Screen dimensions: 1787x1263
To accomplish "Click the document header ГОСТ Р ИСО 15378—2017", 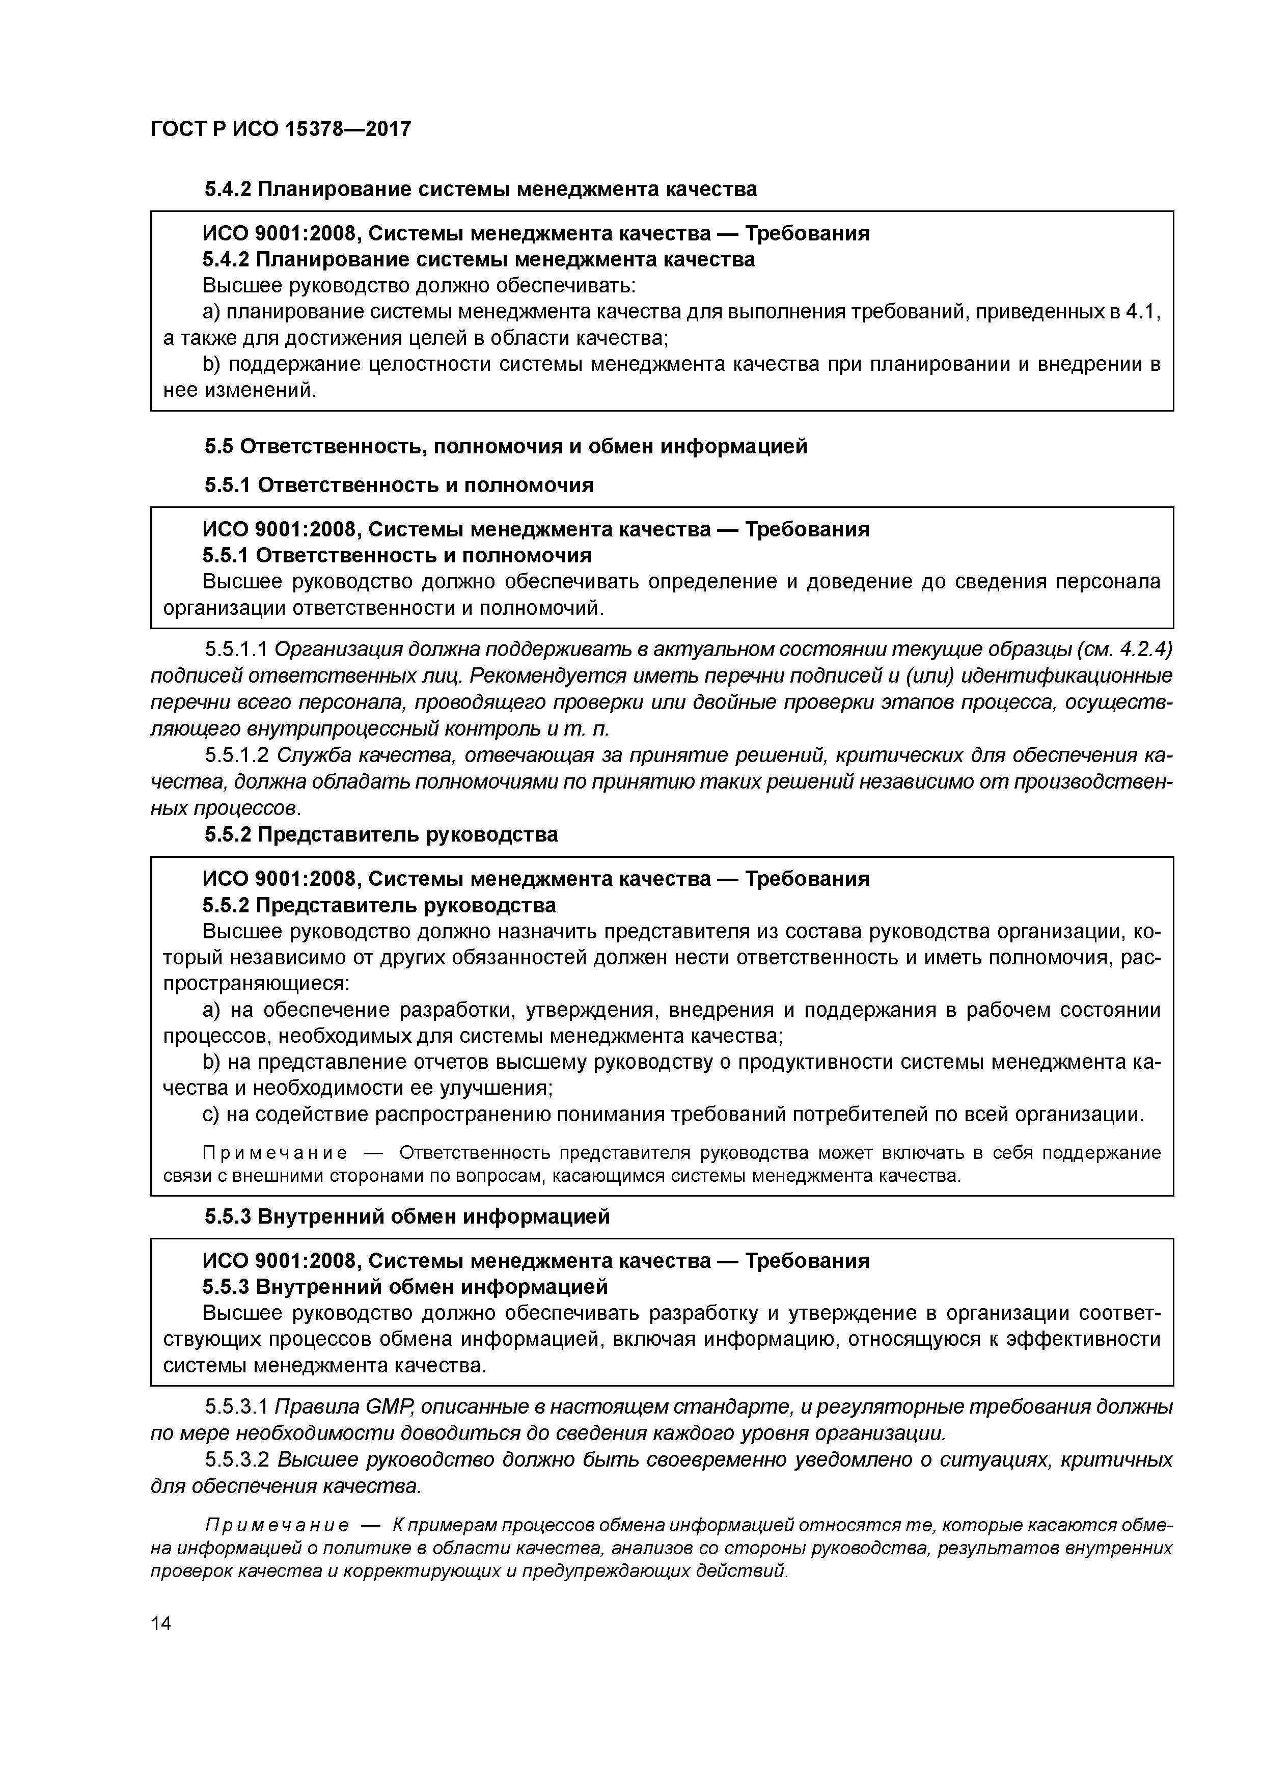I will tap(280, 129).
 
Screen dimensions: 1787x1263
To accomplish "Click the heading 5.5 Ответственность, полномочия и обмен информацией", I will tap(506, 447).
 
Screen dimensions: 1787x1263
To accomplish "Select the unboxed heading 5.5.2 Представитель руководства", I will tap(381, 835).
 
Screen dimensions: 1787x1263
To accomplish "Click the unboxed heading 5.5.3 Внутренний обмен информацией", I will tap(407, 1216).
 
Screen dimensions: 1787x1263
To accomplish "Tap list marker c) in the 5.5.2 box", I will tap(210, 1115).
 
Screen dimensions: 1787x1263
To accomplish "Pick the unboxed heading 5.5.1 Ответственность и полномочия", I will tap(398, 485).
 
